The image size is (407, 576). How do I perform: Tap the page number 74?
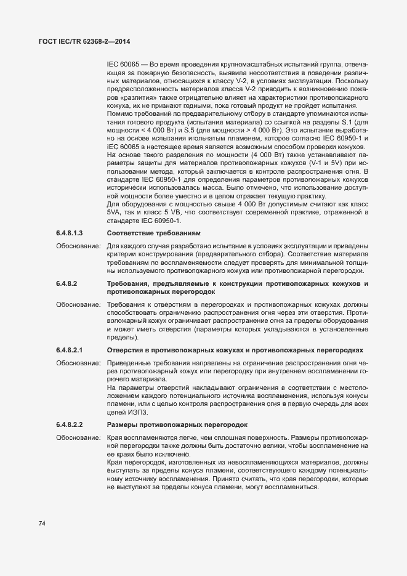coord(42,523)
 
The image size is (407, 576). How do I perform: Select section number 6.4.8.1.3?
coord(69,233)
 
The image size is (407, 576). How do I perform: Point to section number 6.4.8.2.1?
coord(69,350)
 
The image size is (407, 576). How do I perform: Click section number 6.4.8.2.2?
coord(69,424)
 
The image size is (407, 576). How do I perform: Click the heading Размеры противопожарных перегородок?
coord(177,424)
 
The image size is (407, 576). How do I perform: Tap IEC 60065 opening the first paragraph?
coord(123,64)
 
